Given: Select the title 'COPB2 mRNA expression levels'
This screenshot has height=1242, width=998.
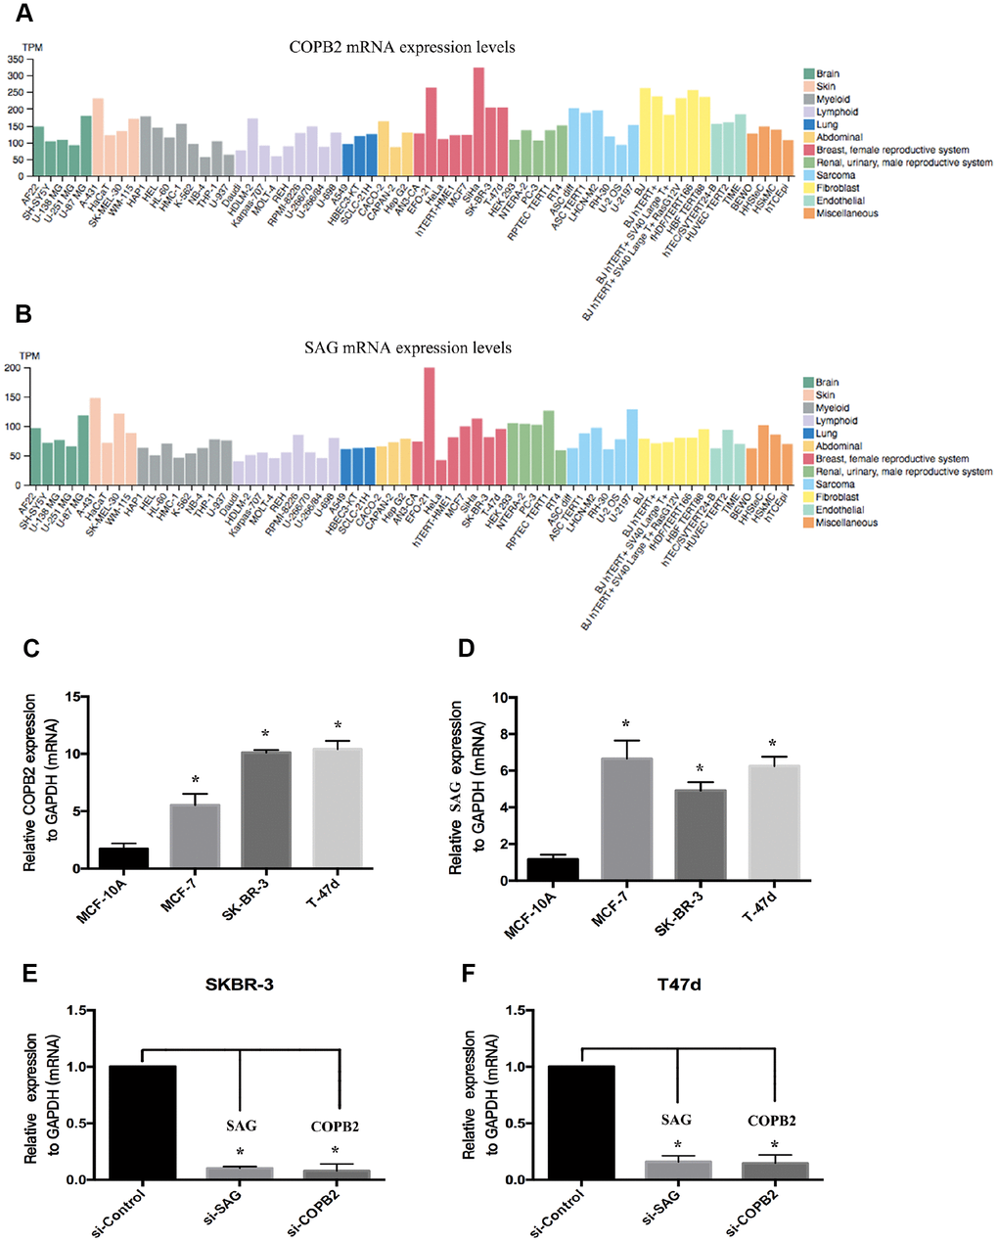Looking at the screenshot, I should pyautogui.click(x=401, y=47).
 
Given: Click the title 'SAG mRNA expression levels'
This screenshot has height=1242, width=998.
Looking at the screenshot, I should pyautogui.click(x=407, y=347).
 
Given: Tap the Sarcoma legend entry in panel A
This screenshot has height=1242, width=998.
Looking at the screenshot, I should pyautogui.click(x=835, y=175).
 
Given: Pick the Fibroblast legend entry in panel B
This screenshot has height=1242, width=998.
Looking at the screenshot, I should pyautogui.click(x=838, y=497).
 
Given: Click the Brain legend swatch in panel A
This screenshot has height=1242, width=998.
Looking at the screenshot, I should pyautogui.click(x=809, y=73).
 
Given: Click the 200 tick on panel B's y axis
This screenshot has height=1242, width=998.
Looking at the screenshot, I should pyautogui.click(x=15, y=369).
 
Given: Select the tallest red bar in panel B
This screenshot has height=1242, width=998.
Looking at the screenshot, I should pyautogui.click(x=429, y=426).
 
